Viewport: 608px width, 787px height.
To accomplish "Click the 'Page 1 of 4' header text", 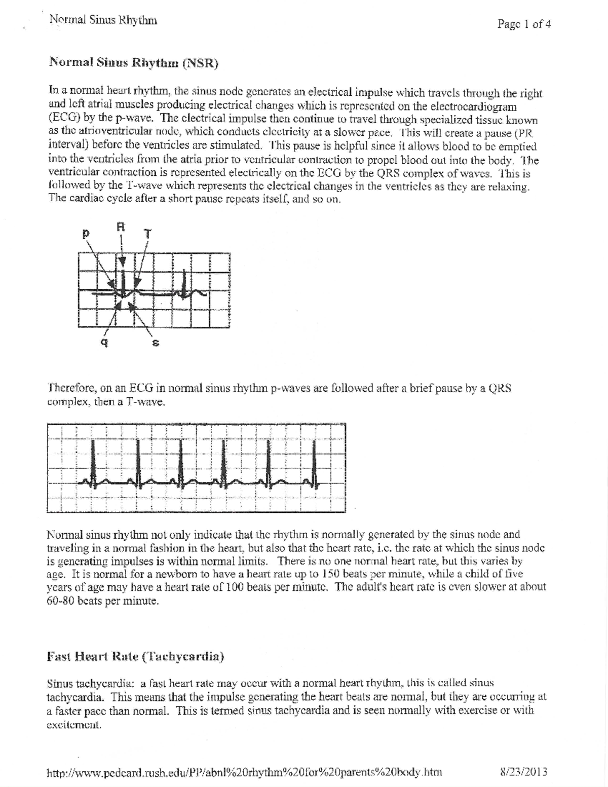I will point(524,24).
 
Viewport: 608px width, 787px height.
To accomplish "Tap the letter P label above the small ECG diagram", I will point(86,235).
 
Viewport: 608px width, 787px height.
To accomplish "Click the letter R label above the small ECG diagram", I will point(121,227).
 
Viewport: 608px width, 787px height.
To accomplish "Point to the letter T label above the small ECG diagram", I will point(147,235).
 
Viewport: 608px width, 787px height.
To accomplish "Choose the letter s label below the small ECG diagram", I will point(156,344).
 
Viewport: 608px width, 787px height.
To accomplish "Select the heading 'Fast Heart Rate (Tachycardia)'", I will point(135,657).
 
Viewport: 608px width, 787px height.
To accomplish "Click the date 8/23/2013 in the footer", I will point(523,772).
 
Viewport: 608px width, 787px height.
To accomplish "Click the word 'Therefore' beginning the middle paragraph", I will point(71,389).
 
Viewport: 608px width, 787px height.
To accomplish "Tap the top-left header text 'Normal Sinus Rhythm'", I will point(103,20).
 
